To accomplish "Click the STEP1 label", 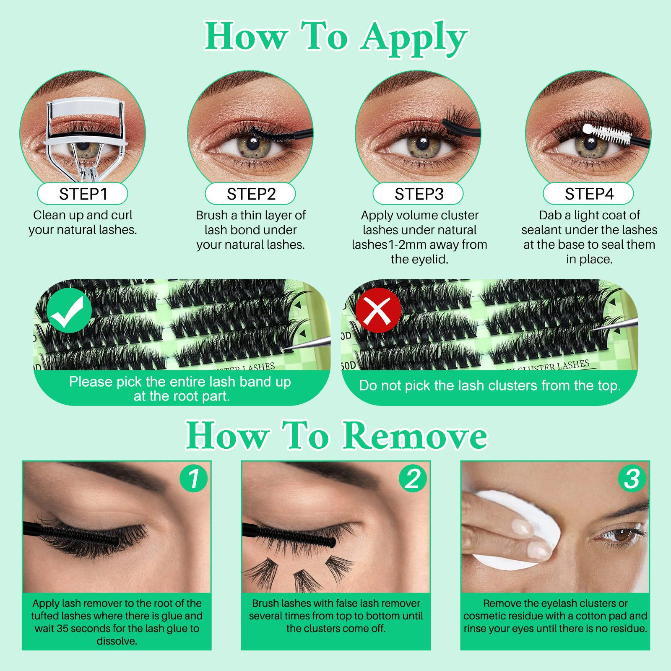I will (x=83, y=194).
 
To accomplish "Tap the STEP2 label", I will (x=251, y=194).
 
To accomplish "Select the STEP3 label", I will (x=419, y=194).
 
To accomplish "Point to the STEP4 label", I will (x=588, y=194).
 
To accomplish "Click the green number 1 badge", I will (x=194, y=479).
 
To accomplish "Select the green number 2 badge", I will (x=413, y=479).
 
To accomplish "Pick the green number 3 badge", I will (x=632, y=479).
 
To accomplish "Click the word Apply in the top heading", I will (x=414, y=39).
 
